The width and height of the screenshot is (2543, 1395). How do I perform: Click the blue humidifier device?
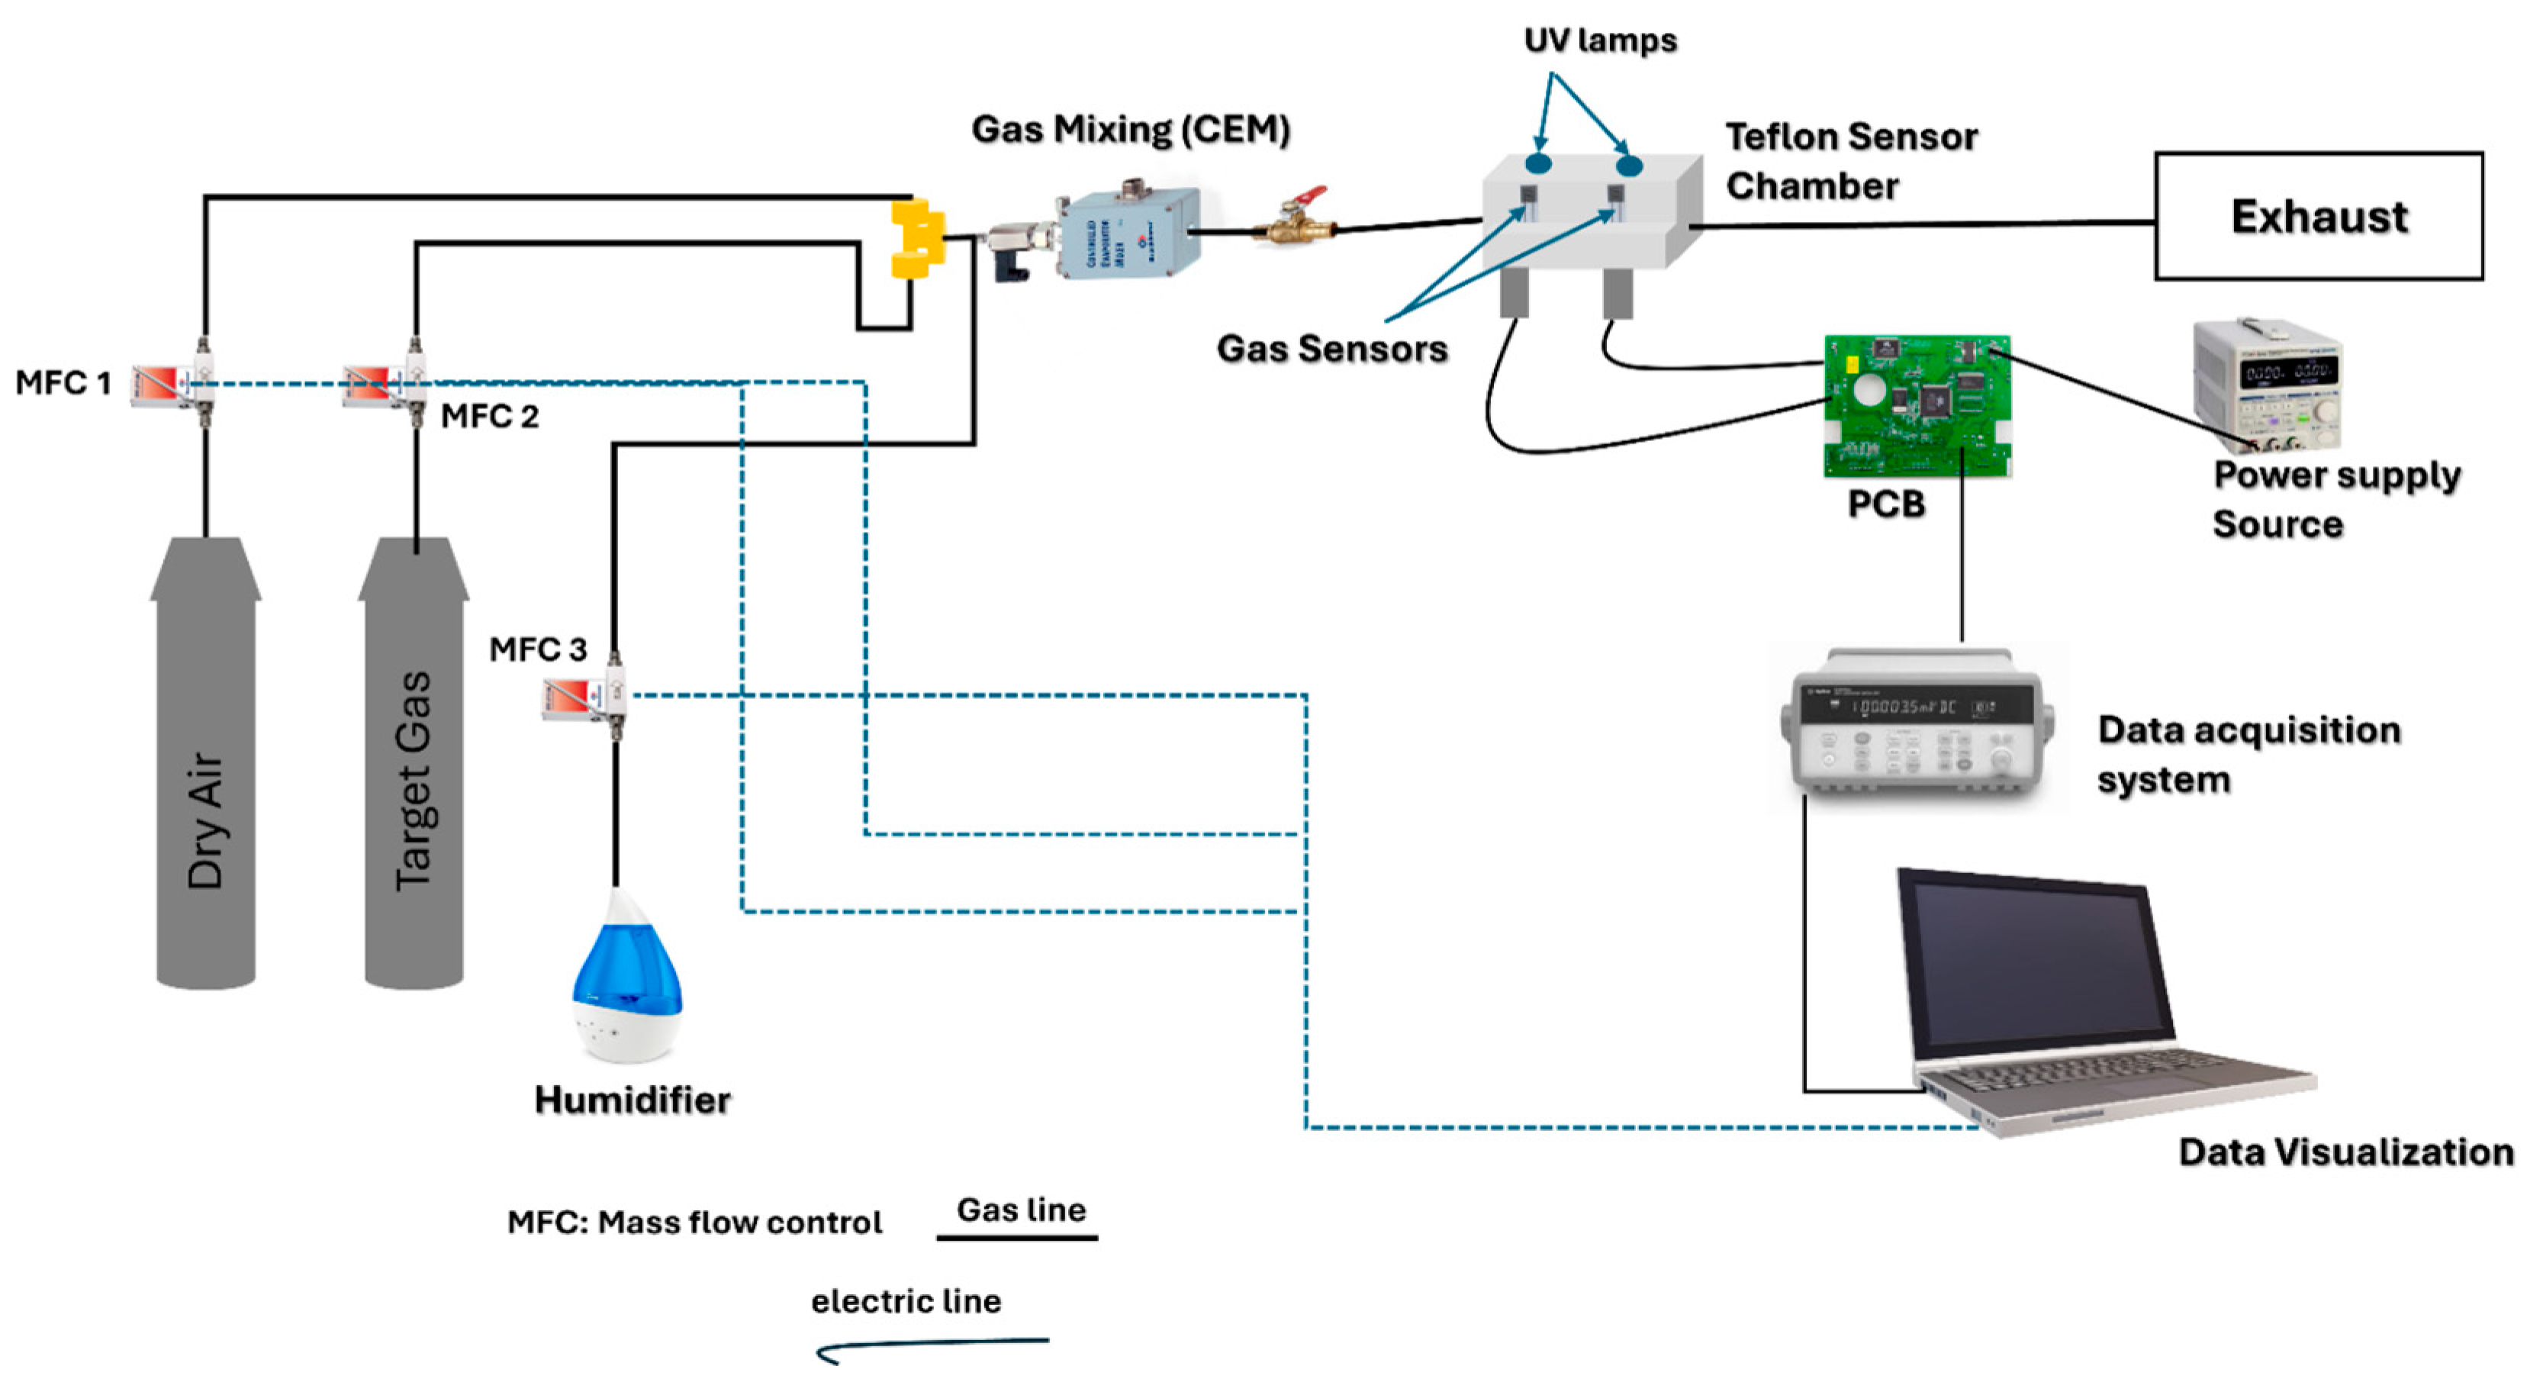point(627,978)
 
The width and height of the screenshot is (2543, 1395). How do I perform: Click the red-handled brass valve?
point(1296,219)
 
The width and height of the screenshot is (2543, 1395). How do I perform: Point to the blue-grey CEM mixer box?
point(1128,235)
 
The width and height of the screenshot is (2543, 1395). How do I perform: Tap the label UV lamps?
point(1599,40)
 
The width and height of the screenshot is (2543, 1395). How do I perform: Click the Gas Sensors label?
point(1331,349)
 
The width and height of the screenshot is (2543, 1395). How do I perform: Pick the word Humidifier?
point(632,1100)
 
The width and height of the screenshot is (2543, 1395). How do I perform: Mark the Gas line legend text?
point(1021,1210)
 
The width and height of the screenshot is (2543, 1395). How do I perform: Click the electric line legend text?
point(905,1301)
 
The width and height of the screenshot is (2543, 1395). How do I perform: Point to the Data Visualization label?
point(2345,1152)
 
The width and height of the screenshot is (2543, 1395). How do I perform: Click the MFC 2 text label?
point(490,417)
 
